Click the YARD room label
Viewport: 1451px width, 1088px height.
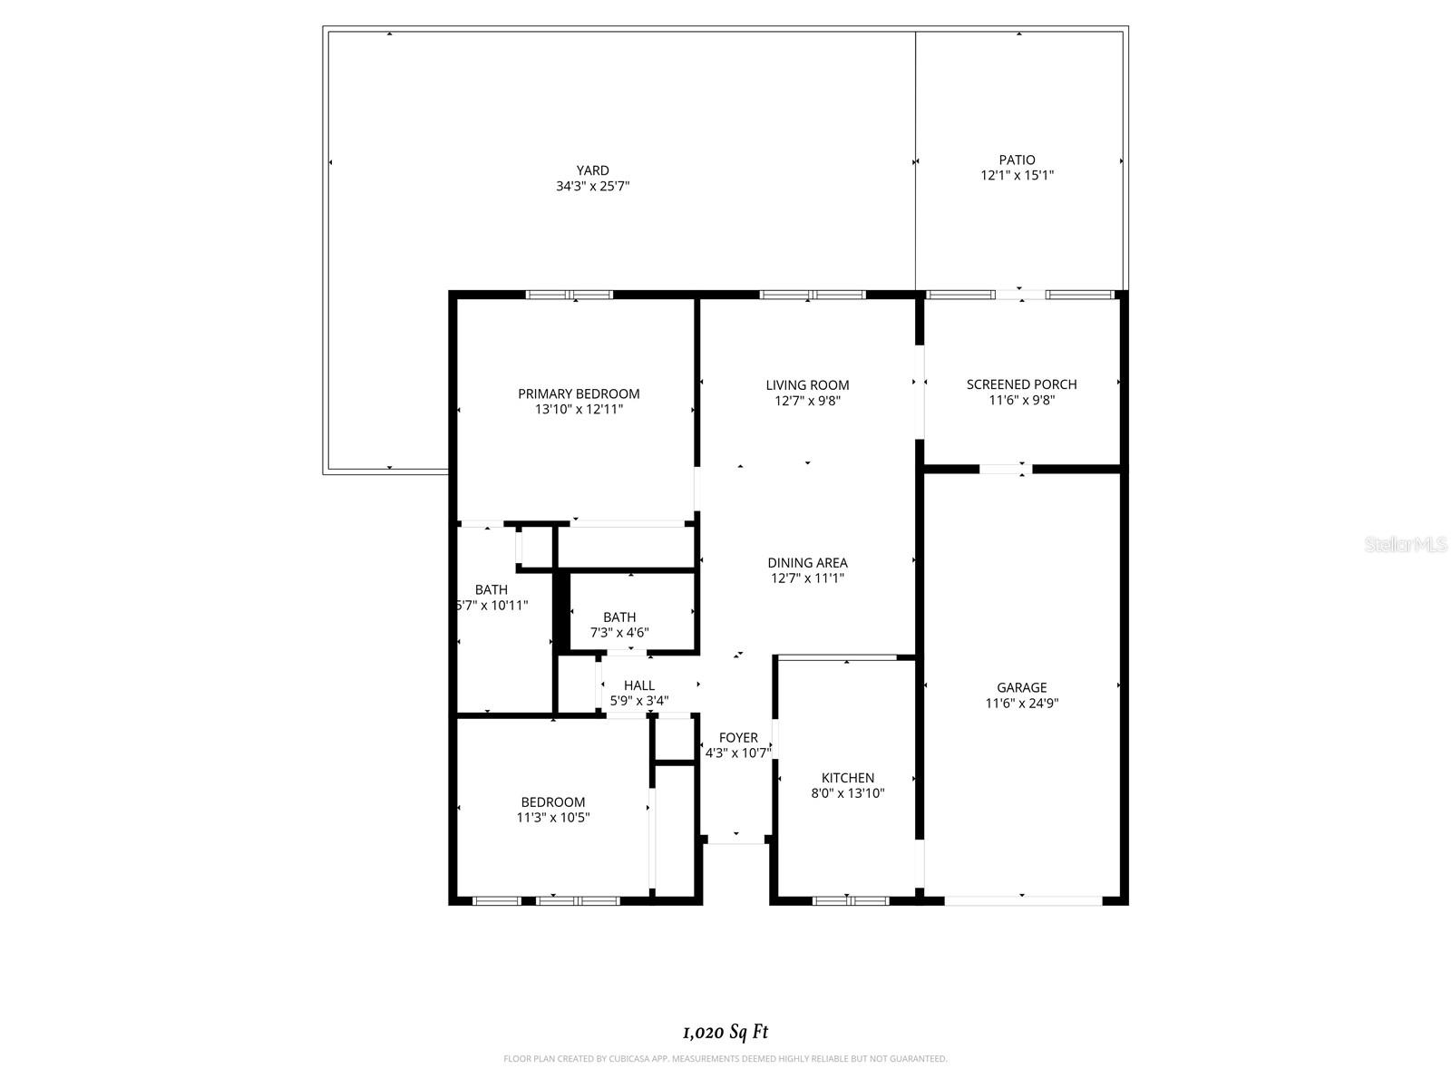592,170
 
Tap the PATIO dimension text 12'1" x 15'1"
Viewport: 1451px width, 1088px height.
1017,176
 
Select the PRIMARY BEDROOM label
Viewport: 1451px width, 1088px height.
579,393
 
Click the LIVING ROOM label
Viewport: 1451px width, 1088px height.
807,385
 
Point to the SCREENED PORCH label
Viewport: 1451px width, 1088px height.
1021,384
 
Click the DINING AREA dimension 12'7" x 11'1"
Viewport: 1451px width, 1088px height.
807,578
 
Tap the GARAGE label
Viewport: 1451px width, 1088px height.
1021,687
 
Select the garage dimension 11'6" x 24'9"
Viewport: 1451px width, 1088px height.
1021,704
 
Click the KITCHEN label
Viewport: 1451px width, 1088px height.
847,778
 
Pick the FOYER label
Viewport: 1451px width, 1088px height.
737,738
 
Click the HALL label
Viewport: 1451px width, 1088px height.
638,685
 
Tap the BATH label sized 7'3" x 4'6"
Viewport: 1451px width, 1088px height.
619,617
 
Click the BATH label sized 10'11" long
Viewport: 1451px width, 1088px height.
491,590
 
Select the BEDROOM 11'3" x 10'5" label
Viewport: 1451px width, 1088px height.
552,802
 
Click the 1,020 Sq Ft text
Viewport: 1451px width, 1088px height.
725,1032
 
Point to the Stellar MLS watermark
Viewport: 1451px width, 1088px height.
1405,545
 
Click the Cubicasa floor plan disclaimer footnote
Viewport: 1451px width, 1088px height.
725,1058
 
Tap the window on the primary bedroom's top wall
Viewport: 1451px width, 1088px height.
570,295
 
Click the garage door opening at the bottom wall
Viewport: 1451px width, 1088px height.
1023,900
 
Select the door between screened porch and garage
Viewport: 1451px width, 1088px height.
1005,469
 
